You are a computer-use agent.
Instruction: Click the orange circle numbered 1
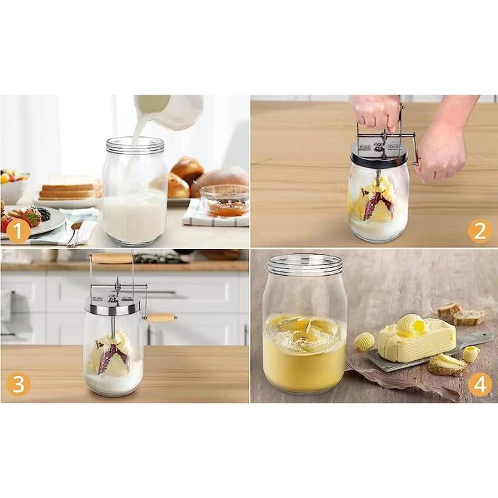(18, 231)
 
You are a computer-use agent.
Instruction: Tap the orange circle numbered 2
(479, 231)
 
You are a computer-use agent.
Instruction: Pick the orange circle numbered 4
(479, 385)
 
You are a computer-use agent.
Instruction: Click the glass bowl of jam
(224, 200)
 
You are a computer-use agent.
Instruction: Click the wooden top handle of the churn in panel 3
(111, 258)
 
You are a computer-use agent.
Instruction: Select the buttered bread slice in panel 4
(447, 365)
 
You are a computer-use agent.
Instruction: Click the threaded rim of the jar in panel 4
(305, 263)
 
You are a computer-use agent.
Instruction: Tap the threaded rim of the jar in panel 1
(135, 145)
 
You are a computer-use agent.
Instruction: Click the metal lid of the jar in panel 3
(113, 306)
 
